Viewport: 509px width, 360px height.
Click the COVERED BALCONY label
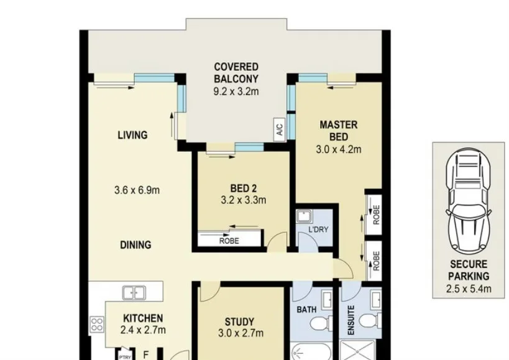coord(236,73)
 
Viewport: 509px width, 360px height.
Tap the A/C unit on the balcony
coord(279,130)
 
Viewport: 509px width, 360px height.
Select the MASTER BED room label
coord(338,131)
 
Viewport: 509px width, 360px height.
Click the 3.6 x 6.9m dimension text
coord(137,190)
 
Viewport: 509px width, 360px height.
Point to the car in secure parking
coord(469,200)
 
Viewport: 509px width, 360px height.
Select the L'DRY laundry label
coord(318,229)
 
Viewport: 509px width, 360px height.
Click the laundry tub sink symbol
coord(303,216)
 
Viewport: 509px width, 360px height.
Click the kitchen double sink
coord(133,291)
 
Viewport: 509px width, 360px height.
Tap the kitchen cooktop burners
coord(97,323)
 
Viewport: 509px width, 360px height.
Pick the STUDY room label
coord(239,321)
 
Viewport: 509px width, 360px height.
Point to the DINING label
coord(135,245)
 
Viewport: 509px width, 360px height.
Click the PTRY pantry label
coord(125,356)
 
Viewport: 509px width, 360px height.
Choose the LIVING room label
coord(132,135)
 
